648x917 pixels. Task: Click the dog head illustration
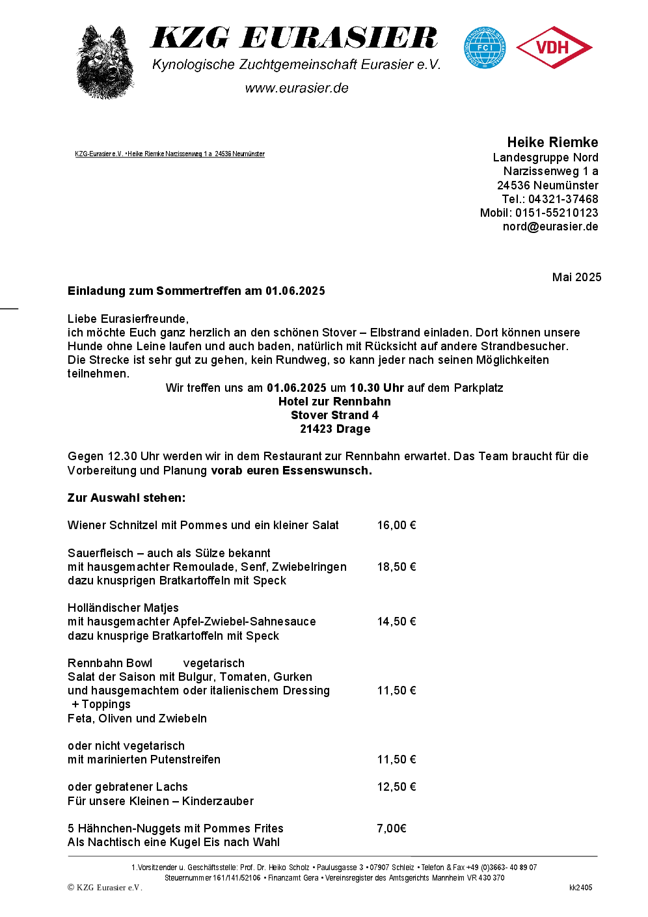(105, 62)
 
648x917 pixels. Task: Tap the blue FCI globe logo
(485, 48)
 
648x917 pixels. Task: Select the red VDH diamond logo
(554, 48)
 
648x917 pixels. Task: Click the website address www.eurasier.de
(297, 88)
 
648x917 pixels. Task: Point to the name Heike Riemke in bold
(552, 143)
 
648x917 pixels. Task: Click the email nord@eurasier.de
(550, 226)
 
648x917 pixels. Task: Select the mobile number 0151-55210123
(556, 213)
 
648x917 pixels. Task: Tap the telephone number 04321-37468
(563, 199)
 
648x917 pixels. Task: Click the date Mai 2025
(576, 277)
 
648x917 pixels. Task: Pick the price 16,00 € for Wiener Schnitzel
(396, 525)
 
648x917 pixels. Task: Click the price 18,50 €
(396, 567)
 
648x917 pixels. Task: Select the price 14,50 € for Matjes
(396, 622)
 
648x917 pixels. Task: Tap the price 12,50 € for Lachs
(396, 787)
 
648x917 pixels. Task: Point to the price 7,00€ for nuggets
(392, 828)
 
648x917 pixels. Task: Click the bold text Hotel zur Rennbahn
(334, 402)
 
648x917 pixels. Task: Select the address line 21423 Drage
(335, 429)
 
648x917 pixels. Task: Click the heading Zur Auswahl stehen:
(126, 498)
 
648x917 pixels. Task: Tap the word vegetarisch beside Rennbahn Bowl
(214, 663)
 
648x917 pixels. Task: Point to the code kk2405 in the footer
(580, 888)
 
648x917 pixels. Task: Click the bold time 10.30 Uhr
(377, 388)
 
